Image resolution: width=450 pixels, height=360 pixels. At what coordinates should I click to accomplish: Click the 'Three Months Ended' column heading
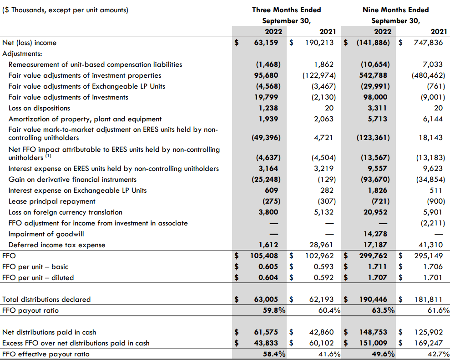(286, 10)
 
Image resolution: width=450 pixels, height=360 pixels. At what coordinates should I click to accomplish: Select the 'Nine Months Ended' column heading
(395, 10)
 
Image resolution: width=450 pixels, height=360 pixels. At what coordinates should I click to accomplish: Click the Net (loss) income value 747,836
(428, 43)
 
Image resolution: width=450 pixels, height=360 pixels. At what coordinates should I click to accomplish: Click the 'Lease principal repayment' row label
(52, 201)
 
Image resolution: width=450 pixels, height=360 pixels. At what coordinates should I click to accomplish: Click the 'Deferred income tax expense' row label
(57, 245)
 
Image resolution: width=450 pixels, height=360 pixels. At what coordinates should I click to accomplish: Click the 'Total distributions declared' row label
(46, 300)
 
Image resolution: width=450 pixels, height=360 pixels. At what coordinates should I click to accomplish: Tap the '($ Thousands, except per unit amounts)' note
(66, 10)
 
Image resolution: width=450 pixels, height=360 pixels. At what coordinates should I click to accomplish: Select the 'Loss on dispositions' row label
(39, 108)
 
